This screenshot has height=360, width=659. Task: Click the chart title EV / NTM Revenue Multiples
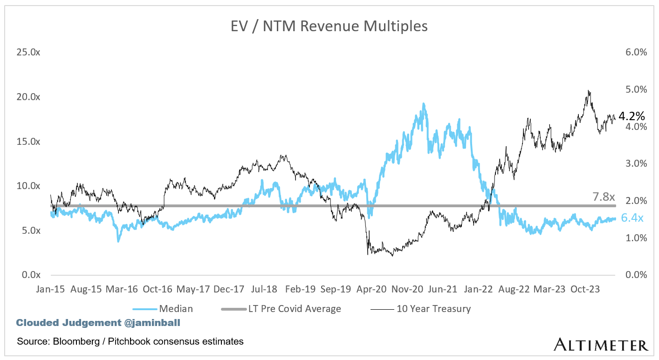pos(329,27)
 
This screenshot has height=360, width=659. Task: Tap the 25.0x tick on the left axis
pos(28,52)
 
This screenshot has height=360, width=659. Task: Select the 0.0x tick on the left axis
pos(30,275)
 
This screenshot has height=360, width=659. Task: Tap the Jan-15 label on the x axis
pos(50,289)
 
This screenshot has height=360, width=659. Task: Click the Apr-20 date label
pos(371,289)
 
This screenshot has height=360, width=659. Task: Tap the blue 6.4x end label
pos(633,218)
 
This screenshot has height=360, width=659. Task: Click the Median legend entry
pos(176,308)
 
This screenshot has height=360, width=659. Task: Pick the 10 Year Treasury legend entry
pos(433,308)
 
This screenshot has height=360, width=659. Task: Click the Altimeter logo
pos(601,345)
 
